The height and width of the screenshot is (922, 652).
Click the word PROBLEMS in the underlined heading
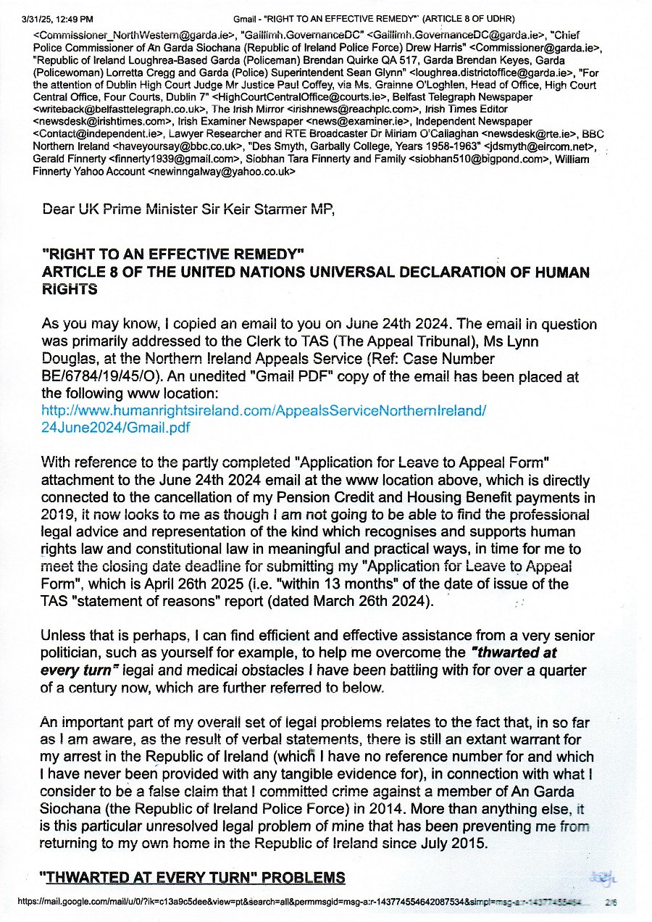(x=304, y=878)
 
